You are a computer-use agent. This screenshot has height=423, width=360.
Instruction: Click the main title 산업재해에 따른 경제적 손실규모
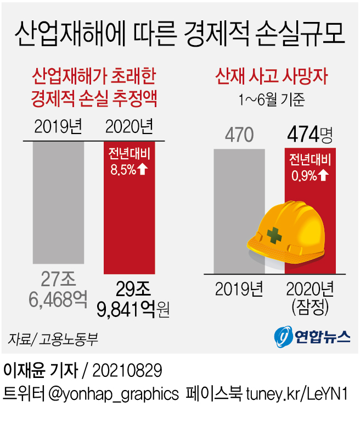pyautogui.click(x=179, y=34)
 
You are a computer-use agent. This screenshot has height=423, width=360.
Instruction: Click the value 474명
pyautogui.click(x=309, y=134)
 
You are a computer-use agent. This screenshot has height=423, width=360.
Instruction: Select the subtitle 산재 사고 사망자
pyautogui.click(x=272, y=76)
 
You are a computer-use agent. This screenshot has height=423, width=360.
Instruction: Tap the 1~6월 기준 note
pyautogui.click(x=272, y=99)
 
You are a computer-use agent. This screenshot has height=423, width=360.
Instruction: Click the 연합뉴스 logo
pyautogui.click(x=311, y=335)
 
